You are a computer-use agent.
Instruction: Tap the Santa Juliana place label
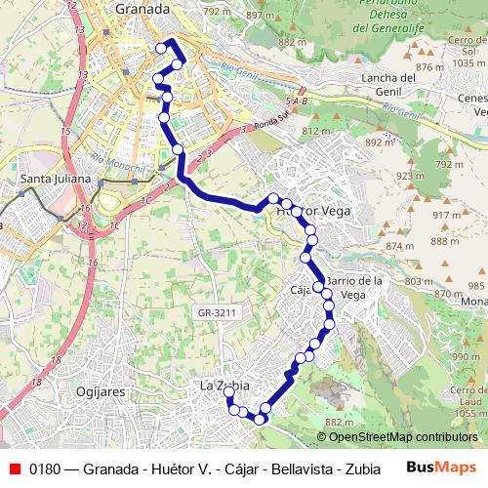pos(57,180)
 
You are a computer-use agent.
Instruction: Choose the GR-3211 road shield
pos(218,312)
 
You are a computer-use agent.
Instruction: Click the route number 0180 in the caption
pos(47,467)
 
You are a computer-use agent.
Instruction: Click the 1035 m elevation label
pos(468,61)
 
